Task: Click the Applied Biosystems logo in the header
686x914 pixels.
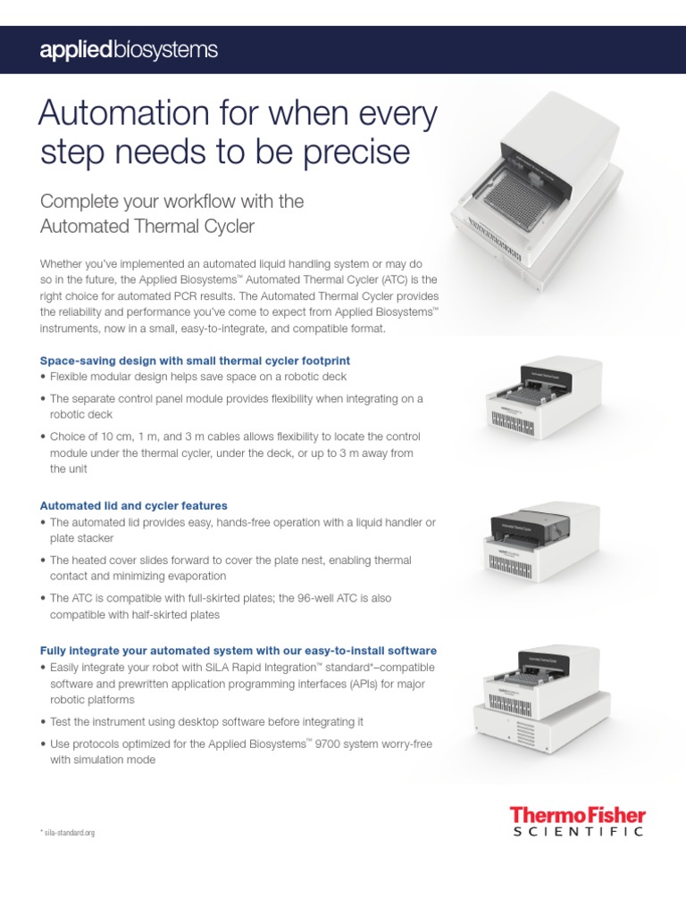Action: (128, 50)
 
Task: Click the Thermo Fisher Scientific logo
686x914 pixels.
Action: (576, 820)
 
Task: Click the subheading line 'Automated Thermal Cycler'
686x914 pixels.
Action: (147, 226)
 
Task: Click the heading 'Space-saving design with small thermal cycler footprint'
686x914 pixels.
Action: (195, 361)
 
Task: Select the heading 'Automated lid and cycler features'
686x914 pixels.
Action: (134, 505)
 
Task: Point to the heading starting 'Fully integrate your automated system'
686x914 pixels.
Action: (238, 650)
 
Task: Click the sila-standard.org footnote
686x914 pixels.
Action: (68, 832)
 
